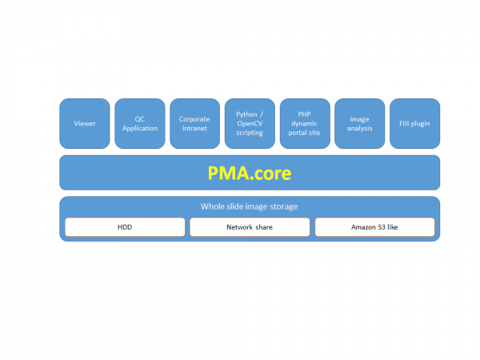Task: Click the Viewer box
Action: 85,123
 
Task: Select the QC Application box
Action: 140,123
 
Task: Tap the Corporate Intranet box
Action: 194,123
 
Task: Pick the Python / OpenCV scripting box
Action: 250,123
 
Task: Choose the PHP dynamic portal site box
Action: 304,123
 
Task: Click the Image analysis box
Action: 359,123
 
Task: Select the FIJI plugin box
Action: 414,123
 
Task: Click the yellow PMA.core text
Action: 250,173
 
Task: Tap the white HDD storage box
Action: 125,227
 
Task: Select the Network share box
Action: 250,227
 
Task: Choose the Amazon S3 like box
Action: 374,227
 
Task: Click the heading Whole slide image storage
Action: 250,206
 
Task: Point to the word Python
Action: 247,114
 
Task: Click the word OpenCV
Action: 250,123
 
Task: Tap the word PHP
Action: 304,114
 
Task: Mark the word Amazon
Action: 364,227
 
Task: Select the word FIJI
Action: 406,123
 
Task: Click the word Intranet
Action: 194,128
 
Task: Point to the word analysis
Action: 359,128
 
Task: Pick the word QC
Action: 140,119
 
